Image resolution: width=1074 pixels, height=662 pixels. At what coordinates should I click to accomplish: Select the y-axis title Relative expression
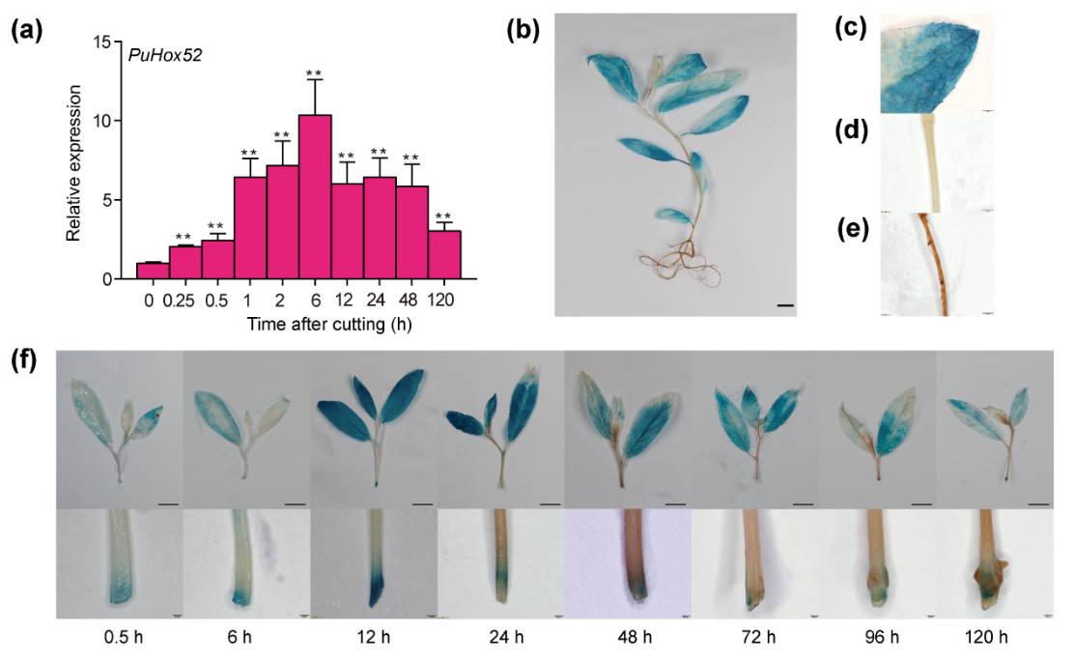click(73, 160)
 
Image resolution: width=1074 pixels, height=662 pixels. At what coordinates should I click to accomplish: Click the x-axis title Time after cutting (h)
click(289, 324)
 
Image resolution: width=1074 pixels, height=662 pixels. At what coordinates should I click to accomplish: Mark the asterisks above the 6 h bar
click(314, 73)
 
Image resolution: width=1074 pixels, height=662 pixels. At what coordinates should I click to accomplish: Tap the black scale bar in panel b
click(784, 305)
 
